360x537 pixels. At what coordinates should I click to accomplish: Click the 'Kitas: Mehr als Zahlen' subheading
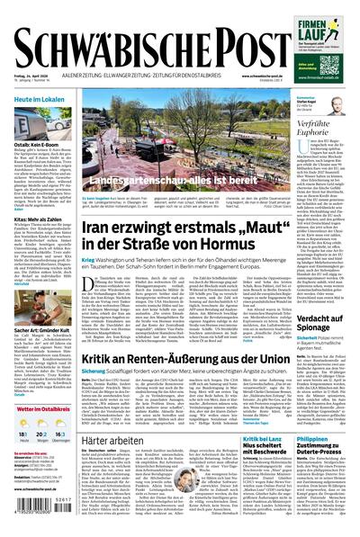tap(37, 219)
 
